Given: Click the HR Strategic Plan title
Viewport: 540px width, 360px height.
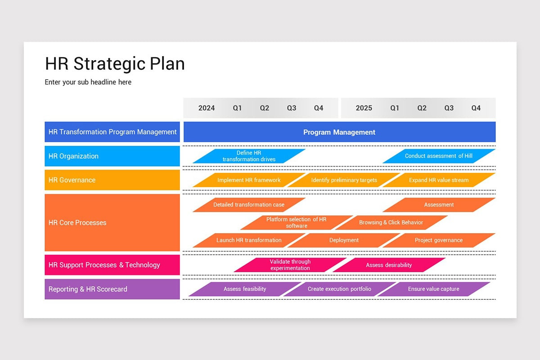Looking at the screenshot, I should (115, 64).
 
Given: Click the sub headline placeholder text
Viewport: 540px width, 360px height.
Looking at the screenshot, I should (88, 82).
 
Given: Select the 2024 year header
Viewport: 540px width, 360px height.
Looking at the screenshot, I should (207, 108).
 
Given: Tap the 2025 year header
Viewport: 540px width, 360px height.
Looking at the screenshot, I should (364, 108).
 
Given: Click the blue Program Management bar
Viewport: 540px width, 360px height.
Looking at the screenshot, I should (339, 132).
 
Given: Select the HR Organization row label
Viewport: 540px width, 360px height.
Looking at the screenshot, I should (112, 156).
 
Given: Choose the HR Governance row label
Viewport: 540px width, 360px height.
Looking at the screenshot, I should (112, 180).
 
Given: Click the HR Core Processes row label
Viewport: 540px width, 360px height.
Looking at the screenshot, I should (112, 223).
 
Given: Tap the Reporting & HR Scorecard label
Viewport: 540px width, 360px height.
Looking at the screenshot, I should (112, 289).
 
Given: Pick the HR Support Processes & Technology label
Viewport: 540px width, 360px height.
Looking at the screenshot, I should (112, 265).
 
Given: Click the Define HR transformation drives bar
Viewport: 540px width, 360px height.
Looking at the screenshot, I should (249, 156).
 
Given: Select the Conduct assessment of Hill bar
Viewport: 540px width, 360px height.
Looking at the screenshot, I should (439, 156).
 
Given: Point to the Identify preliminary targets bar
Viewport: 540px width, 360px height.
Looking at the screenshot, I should (344, 180).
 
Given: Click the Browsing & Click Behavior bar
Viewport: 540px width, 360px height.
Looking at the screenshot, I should (391, 222).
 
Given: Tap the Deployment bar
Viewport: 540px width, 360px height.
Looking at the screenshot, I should (344, 240).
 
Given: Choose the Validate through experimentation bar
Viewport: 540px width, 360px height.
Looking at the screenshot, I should (290, 265).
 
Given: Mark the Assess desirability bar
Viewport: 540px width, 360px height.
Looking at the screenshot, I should (389, 265).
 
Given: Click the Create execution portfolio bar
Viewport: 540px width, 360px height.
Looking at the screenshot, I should (339, 289).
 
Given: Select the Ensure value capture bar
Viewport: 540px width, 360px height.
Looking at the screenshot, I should (433, 289).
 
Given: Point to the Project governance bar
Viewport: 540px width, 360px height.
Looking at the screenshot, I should (439, 240).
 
